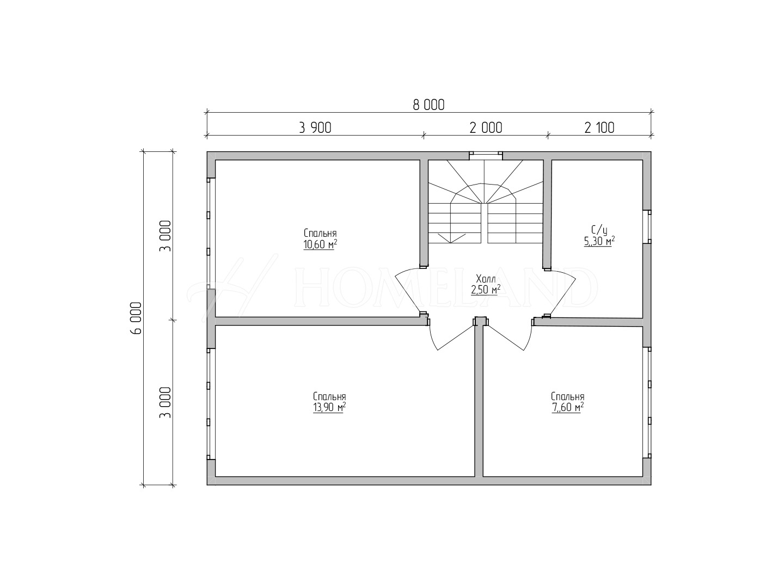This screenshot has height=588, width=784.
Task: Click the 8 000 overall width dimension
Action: (x=428, y=105)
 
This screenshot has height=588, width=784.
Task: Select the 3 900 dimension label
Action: (x=315, y=128)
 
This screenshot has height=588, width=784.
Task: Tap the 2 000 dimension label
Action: (x=486, y=128)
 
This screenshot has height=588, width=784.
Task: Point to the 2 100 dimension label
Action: (x=599, y=128)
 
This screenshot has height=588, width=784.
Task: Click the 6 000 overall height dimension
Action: (x=137, y=318)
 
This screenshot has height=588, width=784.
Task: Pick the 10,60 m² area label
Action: (x=320, y=244)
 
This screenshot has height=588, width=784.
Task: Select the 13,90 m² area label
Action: (x=329, y=407)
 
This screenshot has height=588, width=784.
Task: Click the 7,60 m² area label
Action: (x=567, y=407)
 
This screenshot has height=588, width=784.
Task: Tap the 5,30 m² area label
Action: (x=599, y=241)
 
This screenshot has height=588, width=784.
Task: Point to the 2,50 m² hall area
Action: (x=486, y=290)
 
